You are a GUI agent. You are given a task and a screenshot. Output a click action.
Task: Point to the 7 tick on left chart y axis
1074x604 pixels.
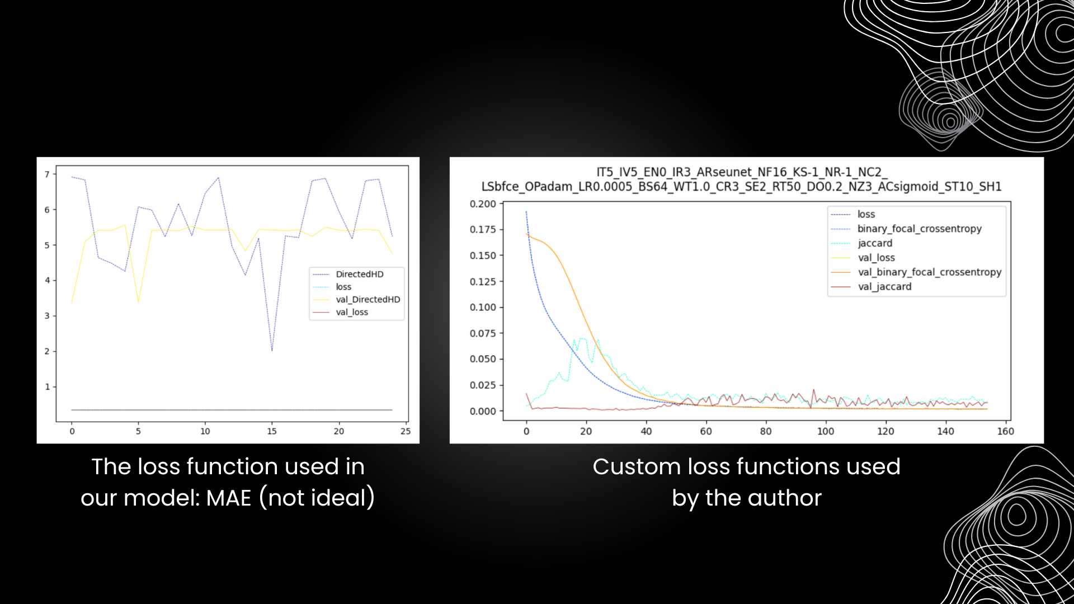(x=47, y=174)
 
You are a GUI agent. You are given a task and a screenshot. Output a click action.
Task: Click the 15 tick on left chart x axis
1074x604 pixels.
(x=272, y=431)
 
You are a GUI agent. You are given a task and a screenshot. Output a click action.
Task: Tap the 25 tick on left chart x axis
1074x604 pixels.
(x=406, y=431)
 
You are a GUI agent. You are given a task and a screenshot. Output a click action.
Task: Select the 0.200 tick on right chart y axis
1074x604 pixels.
(x=483, y=204)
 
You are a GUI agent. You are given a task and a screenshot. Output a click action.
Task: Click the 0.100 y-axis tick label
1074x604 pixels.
(x=483, y=307)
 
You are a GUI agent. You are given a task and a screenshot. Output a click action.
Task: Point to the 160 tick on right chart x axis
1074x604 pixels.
(x=1005, y=431)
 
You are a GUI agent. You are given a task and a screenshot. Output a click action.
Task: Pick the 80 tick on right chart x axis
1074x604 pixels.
(x=766, y=431)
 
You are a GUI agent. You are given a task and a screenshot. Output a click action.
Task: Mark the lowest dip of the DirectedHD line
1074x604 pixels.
(x=272, y=351)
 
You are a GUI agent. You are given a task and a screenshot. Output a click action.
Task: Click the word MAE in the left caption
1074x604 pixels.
(x=229, y=498)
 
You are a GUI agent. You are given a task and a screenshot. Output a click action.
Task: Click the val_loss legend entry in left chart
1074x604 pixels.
(x=352, y=312)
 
